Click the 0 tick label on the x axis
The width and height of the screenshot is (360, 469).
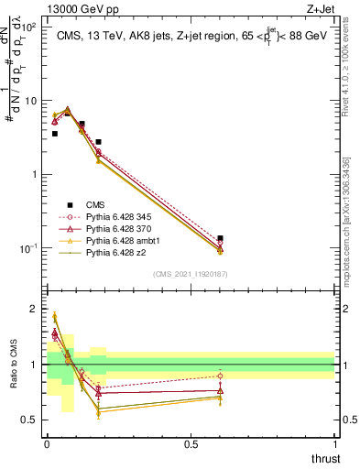[47, 443]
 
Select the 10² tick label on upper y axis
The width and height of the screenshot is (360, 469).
[29, 27]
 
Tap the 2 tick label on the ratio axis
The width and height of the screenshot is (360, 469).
[36, 310]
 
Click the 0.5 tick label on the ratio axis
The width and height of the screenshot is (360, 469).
[31, 420]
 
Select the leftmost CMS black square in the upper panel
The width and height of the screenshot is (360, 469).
[55, 134]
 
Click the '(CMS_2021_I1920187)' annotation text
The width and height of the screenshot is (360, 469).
[190, 274]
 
